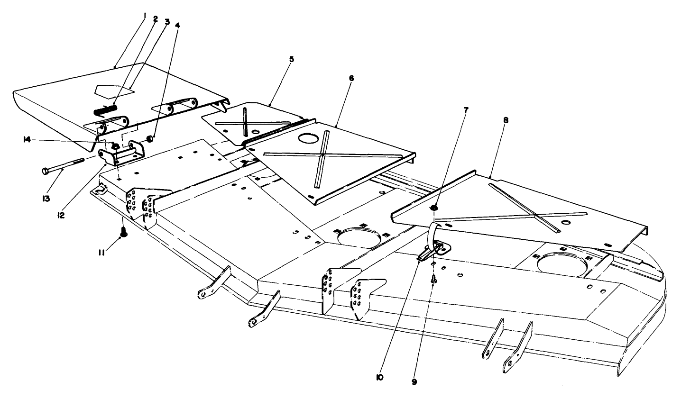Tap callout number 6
[351, 77]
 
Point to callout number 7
[465, 110]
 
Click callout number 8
[506, 120]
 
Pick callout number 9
[414, 381]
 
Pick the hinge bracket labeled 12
[121, 154]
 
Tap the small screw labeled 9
[433, 281]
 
